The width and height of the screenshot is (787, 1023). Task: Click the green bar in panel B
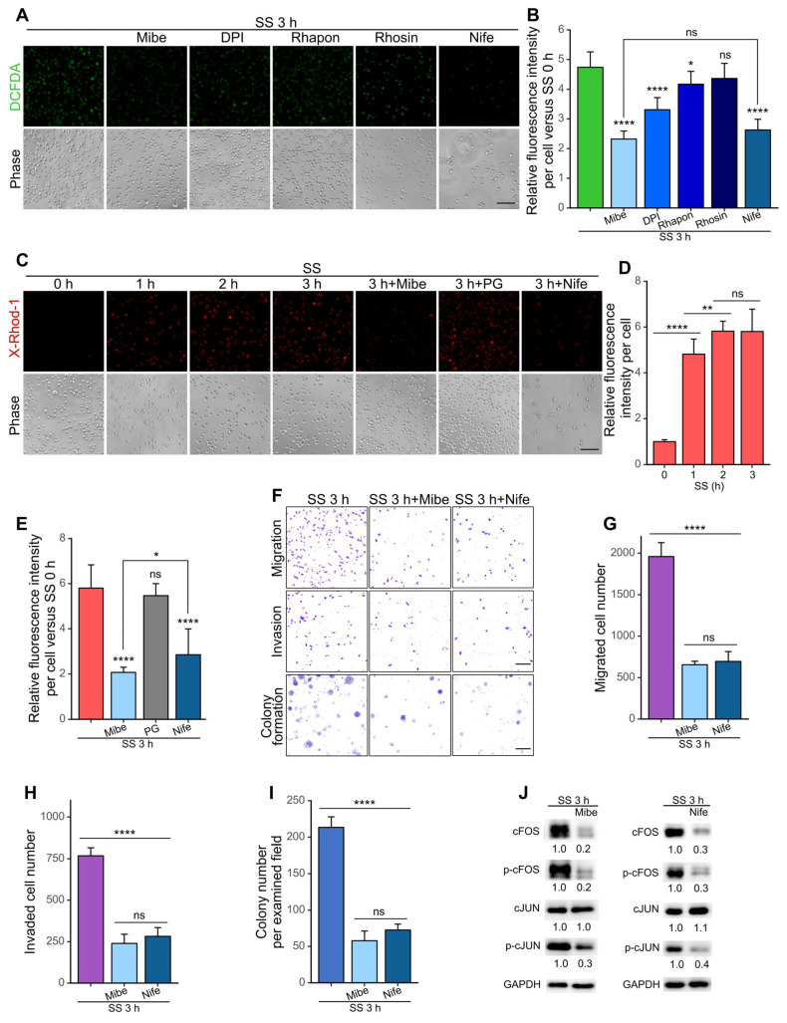point(590,137)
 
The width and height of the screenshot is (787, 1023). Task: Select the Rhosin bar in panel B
point(723,142)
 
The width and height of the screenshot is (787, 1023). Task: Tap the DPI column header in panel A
point(232,37)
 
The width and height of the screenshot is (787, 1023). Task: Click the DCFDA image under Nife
point(479,86)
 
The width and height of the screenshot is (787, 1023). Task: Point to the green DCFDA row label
point(14,86)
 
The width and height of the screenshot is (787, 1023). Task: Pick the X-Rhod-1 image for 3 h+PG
point(478,331)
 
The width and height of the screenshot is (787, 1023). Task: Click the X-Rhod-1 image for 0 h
point(64,331)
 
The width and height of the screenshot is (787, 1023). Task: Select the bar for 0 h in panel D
point(664,453)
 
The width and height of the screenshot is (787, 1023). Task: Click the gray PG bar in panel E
point(155,657)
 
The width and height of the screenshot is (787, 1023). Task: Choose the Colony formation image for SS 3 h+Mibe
point(409,715)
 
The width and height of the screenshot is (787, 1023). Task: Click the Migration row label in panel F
point(277,548)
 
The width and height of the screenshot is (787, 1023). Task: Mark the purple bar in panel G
point(661,638)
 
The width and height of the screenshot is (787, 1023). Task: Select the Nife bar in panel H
point(158,959)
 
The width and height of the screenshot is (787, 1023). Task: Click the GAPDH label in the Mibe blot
point(522,984)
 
